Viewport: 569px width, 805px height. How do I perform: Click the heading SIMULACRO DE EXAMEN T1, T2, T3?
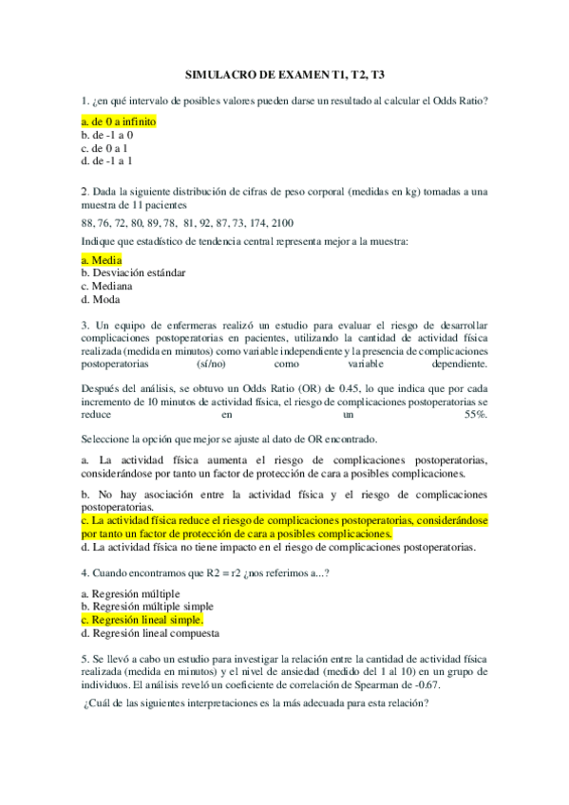point(284,74)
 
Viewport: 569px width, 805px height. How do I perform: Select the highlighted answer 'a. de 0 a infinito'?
point(119,122)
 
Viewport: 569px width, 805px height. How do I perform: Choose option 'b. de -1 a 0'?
point(107,136)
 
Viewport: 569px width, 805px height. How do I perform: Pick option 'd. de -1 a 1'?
point(107,161)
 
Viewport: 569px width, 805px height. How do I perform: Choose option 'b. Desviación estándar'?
point(133,272)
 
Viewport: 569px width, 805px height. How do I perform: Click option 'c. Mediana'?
point(106,286)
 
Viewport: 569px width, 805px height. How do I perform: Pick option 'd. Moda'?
point(100,299)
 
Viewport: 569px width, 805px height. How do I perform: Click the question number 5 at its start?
point(85,658)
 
